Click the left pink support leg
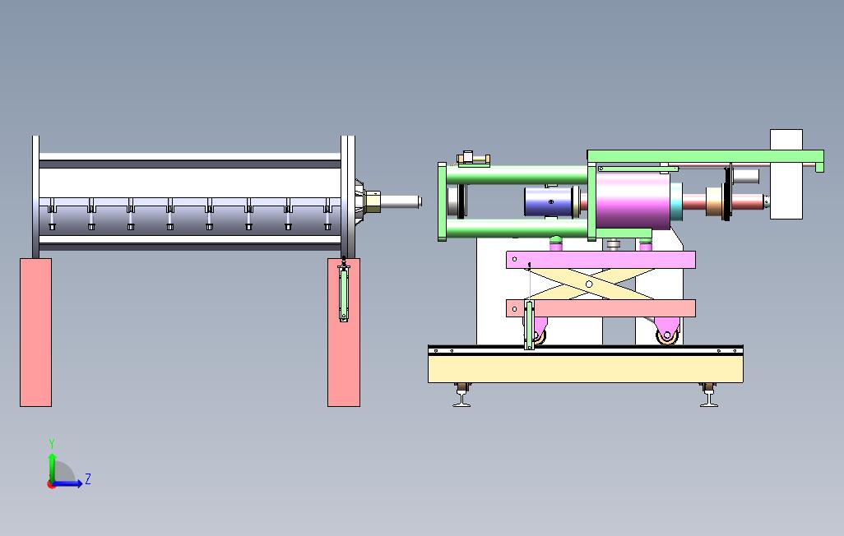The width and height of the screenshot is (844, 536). pos(35,332)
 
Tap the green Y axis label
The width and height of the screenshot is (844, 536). pos(52,444)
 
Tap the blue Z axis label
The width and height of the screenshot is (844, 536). pos(88,478)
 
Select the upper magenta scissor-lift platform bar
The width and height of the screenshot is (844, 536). pos(601,260)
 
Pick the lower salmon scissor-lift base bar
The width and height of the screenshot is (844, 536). pos(601,308)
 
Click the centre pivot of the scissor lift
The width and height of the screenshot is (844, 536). pos(589,284)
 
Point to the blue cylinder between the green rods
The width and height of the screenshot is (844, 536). pos(549,201)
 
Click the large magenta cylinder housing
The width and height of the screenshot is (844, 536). pos(633,201)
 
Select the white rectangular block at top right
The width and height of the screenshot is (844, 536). pos(786,173)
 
